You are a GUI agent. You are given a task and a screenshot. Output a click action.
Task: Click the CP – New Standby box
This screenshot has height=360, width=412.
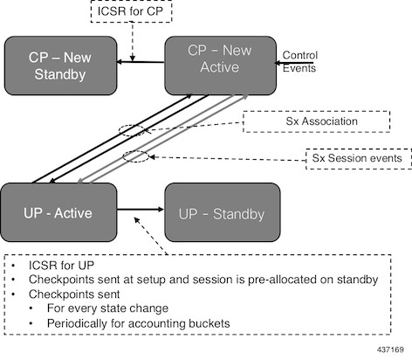coord(60,66)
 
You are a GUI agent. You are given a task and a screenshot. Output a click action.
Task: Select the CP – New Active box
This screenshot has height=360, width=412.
coord(221,66)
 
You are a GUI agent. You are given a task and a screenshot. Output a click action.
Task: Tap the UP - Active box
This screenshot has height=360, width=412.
coord(58,212)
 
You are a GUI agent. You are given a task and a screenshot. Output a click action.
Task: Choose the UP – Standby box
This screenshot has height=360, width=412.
coord(223,212)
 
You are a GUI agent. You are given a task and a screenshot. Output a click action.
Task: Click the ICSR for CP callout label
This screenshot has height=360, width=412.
coord(131,11)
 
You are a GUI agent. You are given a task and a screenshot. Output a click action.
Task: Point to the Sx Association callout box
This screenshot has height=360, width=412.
coord(317,121)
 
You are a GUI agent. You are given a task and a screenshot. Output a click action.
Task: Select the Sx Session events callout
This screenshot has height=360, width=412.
coord(359,158)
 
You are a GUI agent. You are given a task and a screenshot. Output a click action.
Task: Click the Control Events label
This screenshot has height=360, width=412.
coord(299,61)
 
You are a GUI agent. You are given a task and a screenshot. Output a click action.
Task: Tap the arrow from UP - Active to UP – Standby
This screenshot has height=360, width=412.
coord(141,209)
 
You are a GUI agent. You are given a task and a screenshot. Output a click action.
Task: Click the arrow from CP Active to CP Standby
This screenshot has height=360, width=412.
coord(141,62)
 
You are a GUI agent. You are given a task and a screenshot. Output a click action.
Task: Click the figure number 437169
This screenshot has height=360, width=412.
coord(390,350)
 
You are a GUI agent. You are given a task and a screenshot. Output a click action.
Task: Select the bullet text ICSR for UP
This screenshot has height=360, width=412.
coord(61,266)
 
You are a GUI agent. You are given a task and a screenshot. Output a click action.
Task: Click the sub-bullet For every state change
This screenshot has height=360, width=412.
coord(107,308)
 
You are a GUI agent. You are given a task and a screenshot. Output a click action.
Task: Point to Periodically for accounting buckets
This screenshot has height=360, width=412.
coord(139,323)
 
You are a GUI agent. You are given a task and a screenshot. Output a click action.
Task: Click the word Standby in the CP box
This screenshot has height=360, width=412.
coord(60,74)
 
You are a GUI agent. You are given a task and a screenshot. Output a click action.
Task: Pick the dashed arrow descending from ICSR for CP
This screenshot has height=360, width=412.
coord(133,42)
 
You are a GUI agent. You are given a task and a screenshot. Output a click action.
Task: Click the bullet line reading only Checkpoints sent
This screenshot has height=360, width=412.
coord(74,294)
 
